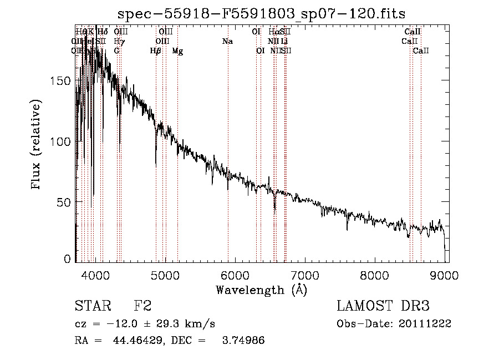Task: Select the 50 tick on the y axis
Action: pos(65,202)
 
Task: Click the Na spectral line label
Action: pos(227,41)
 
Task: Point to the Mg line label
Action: pos(177,51)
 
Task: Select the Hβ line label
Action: pos(156,51)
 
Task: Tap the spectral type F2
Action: pos(142,306)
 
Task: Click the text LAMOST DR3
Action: pos(383,306)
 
